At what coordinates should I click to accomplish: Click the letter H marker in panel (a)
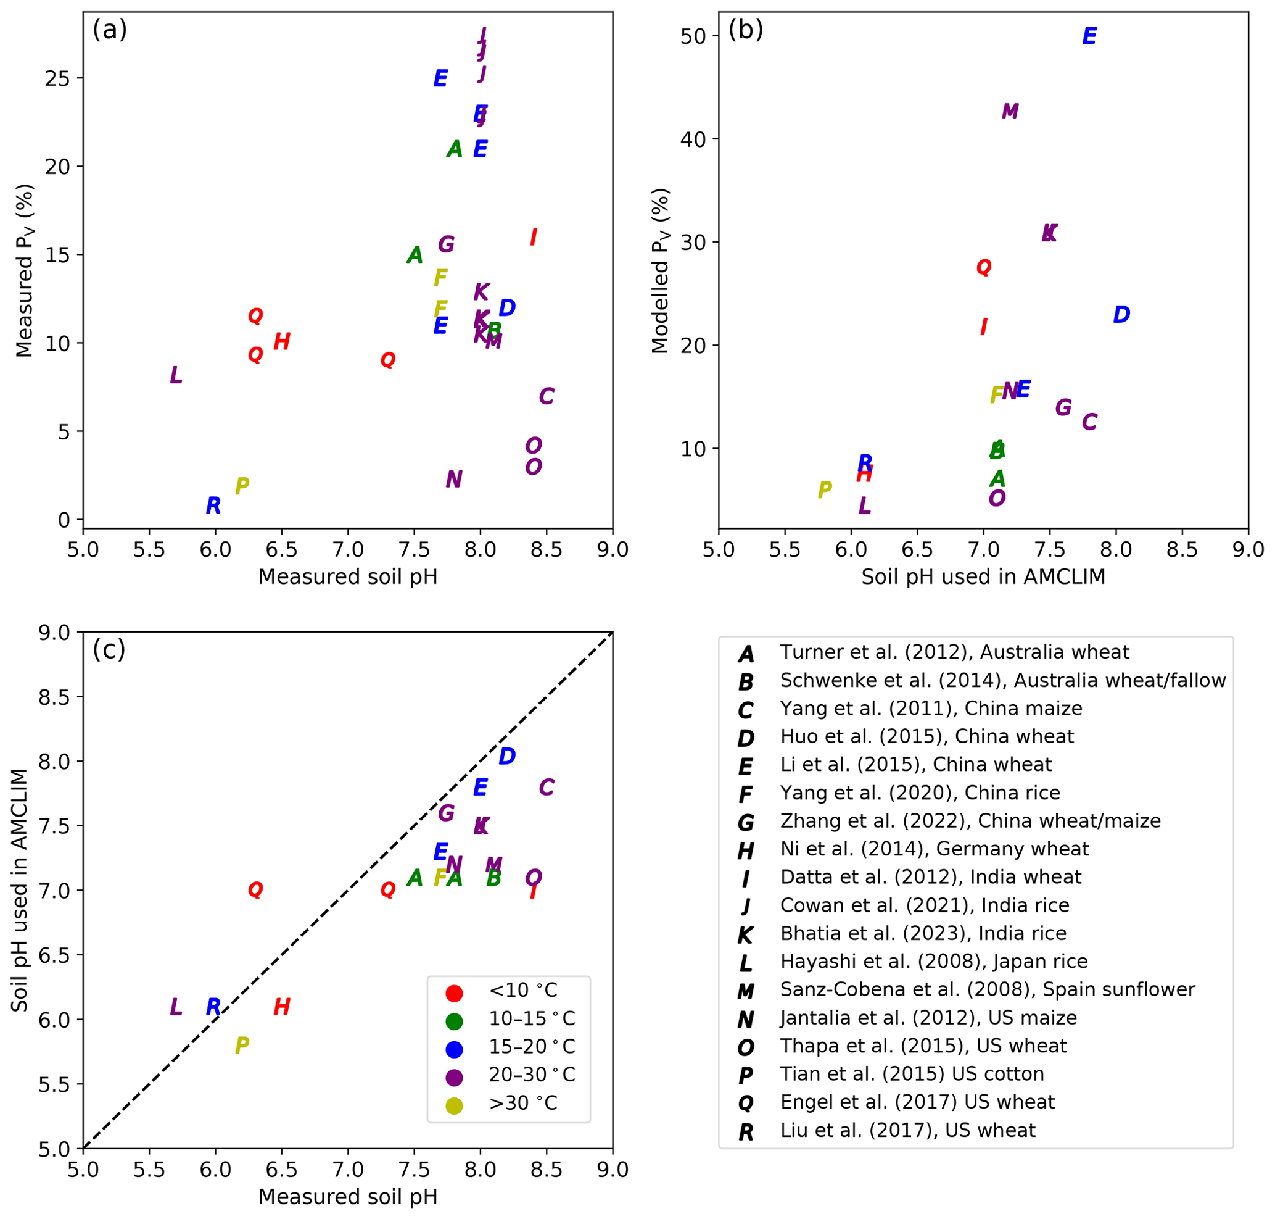281,341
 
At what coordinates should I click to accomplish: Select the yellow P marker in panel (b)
824,489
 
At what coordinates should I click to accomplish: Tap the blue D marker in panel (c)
506,755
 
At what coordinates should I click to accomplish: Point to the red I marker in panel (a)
533,237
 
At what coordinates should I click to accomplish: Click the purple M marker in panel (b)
1010,111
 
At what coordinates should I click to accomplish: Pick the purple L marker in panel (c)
175,1007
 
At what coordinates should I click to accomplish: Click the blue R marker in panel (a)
213,505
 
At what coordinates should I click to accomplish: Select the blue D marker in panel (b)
1121,315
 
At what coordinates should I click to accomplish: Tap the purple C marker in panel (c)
547,788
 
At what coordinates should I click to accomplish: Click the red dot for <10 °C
454,993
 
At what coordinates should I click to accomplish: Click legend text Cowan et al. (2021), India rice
924,905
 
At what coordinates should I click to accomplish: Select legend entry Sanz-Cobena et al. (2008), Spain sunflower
988,989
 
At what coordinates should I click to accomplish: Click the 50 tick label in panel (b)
693,36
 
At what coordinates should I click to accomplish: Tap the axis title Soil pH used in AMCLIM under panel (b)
983,577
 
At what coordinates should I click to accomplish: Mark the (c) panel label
109,649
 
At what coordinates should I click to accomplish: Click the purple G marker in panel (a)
445,244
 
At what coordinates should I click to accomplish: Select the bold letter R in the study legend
746,1133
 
